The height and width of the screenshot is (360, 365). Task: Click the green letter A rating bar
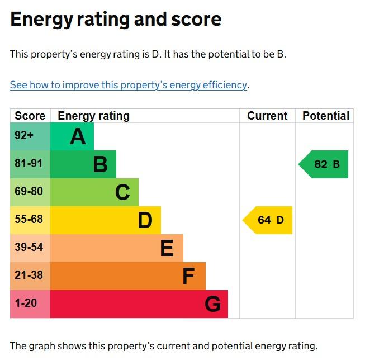[x=72, y=136]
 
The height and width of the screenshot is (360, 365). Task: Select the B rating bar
[x=83, y=164]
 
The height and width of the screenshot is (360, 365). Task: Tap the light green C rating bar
[x=94, y=192]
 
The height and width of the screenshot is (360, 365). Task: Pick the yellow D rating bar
[x=106, y=220]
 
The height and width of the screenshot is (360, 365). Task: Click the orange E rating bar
[x=117, y=248]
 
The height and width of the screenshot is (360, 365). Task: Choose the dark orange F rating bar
[x=128, y=276]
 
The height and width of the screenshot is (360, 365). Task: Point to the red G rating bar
[x=139, y=304]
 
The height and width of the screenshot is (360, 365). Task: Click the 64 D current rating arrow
[x=268, y=220]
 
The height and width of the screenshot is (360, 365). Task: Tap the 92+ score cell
[x=30, y=136]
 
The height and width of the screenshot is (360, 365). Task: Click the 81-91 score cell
[x=30, y=164]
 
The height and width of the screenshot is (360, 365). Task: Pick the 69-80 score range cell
[x=30, y=192]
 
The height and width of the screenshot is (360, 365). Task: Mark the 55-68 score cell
[x=30, y=220]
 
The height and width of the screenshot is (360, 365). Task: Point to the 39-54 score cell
[x=30, y=248]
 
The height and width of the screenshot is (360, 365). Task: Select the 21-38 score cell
[x=30, y=276]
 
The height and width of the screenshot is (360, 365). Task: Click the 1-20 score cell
[x=30, y=304]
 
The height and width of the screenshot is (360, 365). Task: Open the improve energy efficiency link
[x=129, y=86]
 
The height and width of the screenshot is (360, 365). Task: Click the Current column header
[x=267, y=116]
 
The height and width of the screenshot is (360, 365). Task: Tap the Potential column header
[x=325, y=116]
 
